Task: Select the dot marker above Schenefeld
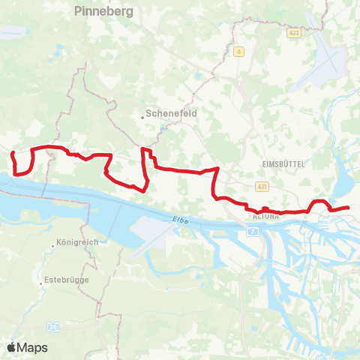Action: pos(143,115)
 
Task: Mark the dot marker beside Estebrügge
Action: pos(41,283)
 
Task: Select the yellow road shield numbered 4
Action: pos(238,51)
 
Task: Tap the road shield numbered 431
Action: pos(262,186)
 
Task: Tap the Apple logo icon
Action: pos(12,347)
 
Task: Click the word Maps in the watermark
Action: pos(32,347)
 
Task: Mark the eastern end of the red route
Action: pos(349,207)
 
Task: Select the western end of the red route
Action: pos(12,153)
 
